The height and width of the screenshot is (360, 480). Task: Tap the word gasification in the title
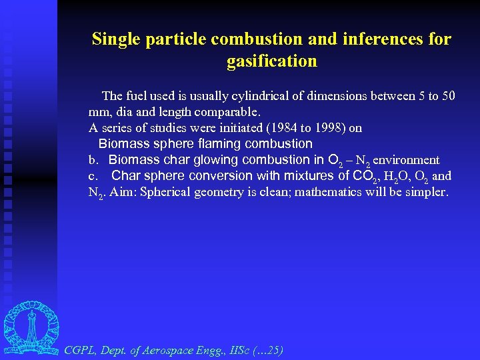(x=271, y=62)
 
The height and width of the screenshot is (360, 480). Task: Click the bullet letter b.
(x=93, y=160)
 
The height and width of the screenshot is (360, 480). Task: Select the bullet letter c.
(x=93, y=176)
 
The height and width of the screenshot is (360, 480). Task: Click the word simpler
(x=428, y=193)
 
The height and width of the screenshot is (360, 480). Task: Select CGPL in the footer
(x=79, y=349)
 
